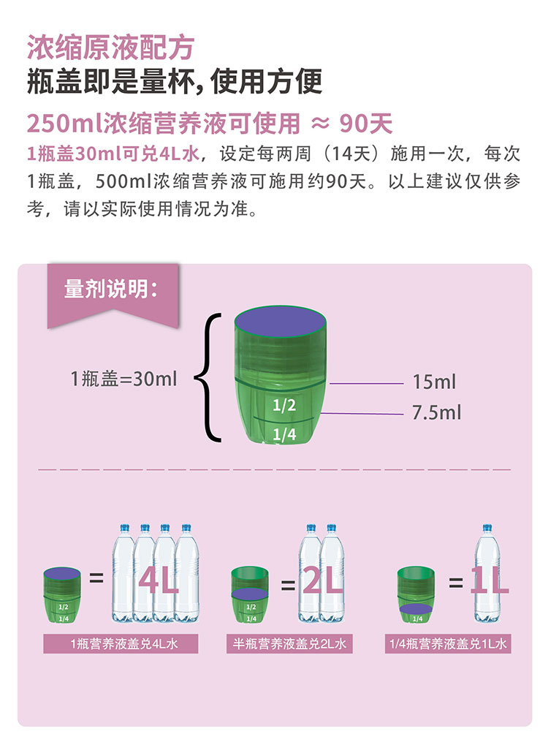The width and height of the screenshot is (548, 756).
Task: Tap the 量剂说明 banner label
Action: pos(110,289)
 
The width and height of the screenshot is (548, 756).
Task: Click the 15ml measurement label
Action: pos(434,382)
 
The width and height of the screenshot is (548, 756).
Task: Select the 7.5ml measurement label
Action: pos(436,412)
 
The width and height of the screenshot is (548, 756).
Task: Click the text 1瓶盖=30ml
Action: pos(123,379)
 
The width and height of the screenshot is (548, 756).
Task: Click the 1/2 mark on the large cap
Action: pos(283,407)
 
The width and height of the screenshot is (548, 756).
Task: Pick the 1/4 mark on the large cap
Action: pos(283,435)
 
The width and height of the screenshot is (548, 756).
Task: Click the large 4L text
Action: pos(158,582)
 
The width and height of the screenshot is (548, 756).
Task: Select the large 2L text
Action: pos(322,582)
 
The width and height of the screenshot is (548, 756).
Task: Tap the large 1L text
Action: pos(489,582)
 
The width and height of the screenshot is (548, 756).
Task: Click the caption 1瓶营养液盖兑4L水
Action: pos(123,644)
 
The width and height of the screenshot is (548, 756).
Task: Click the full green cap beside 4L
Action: pos(63,594)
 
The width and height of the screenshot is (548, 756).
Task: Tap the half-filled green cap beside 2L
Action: pos(251,594)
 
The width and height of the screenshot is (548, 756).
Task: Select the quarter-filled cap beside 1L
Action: pos(416,594)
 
